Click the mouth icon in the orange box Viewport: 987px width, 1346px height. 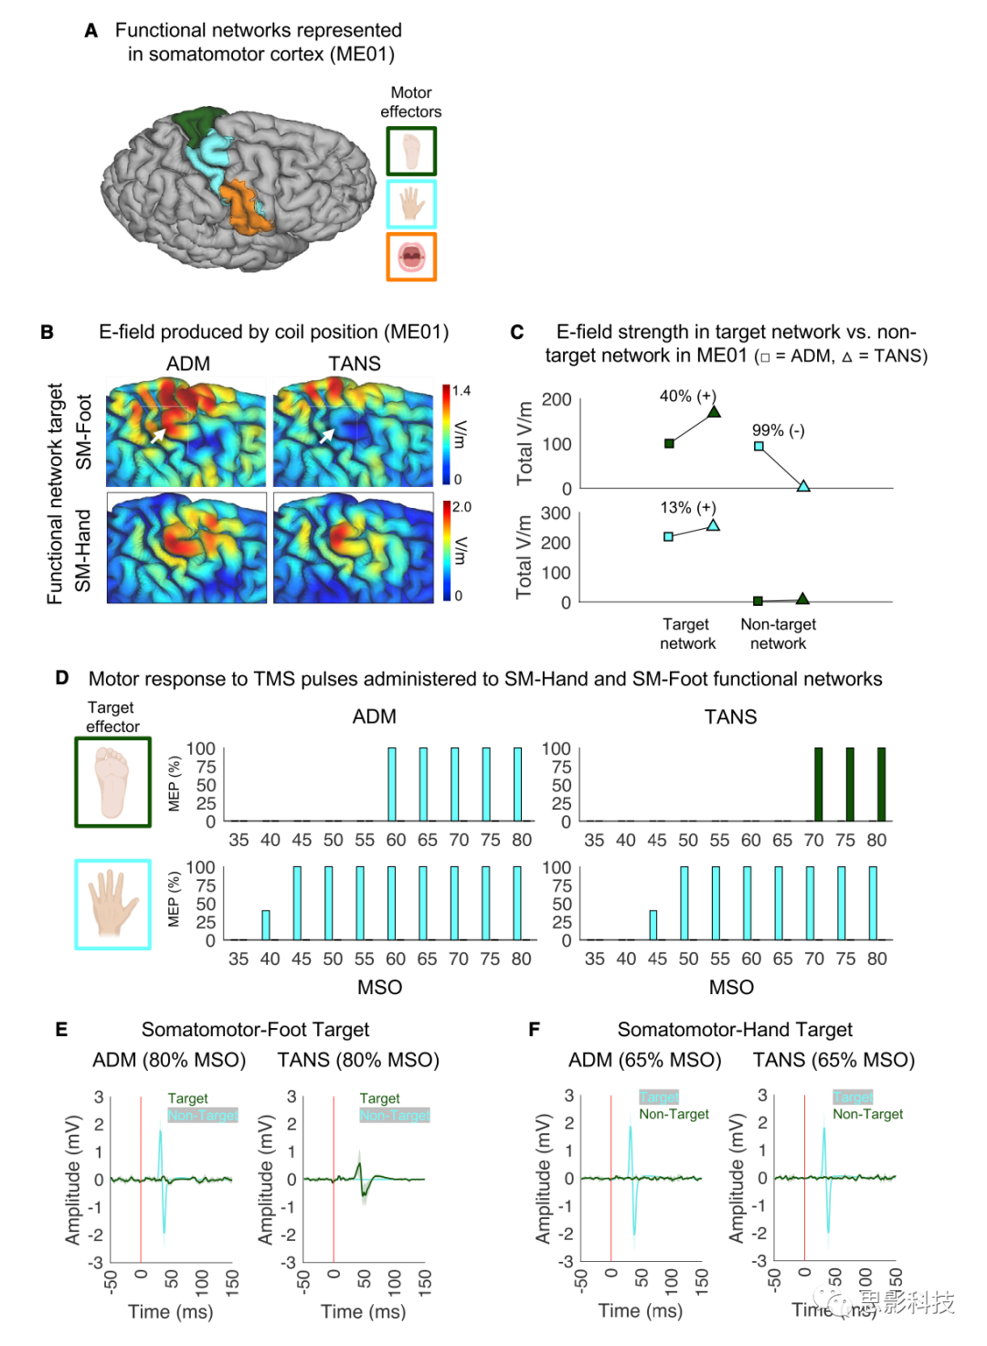click(x=411, y=257)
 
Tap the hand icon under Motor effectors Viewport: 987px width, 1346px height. click(x=411, y=204)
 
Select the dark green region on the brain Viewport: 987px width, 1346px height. click(x=202, y=124)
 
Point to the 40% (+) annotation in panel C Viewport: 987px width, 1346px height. click(x=687, y=396)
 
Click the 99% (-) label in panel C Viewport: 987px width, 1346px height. click(x=778, y=430)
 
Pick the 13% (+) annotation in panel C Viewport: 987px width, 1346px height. click(x=687, y=507)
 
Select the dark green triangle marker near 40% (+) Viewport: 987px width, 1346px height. click(x=714, y=412)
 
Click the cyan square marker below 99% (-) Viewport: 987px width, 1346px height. click(x=759, y=447)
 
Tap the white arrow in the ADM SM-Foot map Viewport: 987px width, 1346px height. click(x=158, y=436)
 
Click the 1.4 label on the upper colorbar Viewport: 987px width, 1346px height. click(x=461, y=391)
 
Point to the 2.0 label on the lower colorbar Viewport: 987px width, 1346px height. click(x=462, y=507)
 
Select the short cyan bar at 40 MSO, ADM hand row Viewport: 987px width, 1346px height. click(x=266, y=925)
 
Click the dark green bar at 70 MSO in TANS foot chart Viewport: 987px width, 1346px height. click(x=818, y=784)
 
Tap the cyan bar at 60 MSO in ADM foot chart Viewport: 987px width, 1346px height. click(x=392, y=784)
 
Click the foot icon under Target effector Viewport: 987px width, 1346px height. click(x=113, y=782)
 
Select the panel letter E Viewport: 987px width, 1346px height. click(x=61, y=1030)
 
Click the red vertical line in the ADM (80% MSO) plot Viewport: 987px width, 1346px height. click(x=141, y=1179)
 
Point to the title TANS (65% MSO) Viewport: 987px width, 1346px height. click(x=833, y=1060)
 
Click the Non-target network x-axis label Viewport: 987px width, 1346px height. click(x=778, y=633)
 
